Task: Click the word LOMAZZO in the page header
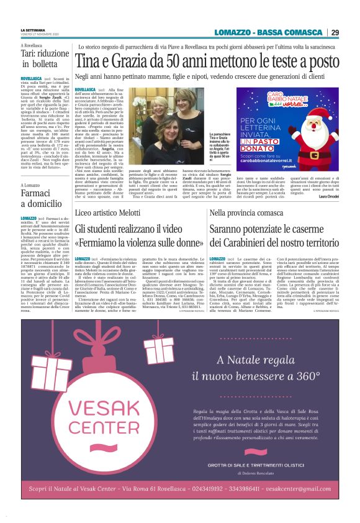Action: pyautogui.click(x=236, y=32)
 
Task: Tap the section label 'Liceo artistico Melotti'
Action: pyautogui.click(x=109, y=214)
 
